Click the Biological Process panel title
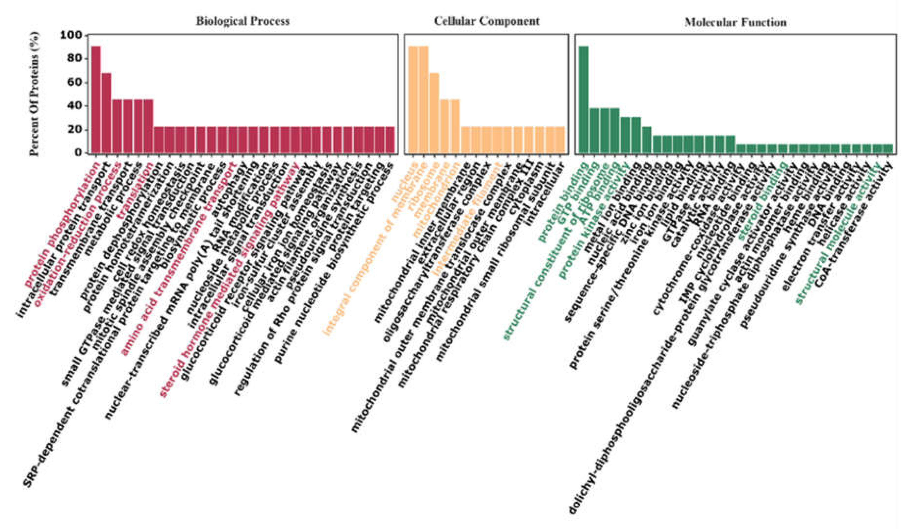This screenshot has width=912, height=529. (x=243, y=21)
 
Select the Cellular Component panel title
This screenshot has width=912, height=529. (x=486, y=21)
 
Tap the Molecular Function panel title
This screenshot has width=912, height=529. (x=735, y=23)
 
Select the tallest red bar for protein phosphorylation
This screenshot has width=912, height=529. (x=96, y=99)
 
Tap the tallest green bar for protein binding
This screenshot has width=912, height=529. (x=583, y=99)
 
